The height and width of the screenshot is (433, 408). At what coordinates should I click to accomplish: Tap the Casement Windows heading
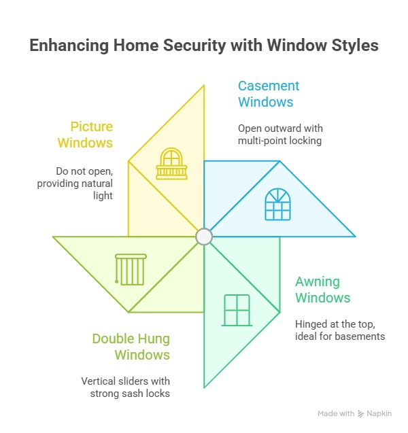[268, 94]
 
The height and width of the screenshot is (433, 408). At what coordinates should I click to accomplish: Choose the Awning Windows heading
[322, 290]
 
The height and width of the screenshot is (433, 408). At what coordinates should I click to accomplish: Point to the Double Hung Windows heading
[131, 347]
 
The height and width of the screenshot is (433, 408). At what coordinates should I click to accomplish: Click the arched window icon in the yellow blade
[171, 164]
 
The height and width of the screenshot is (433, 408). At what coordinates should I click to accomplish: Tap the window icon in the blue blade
[277, 204]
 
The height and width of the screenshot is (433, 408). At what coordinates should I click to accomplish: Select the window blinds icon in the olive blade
[131, 269]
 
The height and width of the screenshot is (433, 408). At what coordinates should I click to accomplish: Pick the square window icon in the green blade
[237, 310]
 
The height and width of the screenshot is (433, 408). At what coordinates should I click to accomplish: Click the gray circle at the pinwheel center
[204, 237]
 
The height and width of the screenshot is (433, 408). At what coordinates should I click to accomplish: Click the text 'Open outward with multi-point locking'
[280, 135]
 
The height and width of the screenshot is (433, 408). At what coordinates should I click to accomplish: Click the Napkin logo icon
[361, 414]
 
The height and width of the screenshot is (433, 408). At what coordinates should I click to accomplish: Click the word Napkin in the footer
[381, 414]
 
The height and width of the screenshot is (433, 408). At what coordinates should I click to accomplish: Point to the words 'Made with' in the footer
[336, 414]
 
